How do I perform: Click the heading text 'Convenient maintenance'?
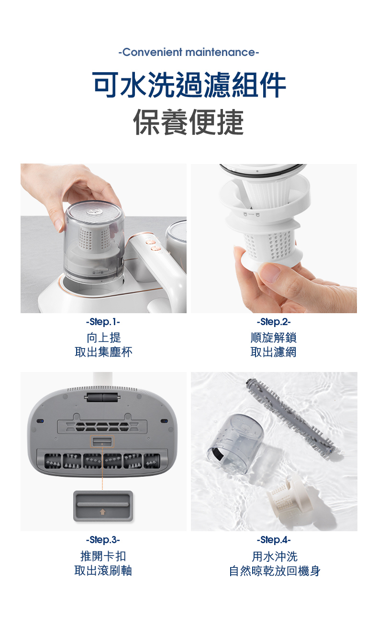(x=189, y=52)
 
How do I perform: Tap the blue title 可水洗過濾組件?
(x=189, y=84)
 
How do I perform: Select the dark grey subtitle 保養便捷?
(x=189, y=122)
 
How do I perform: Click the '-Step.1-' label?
(x=103, y=322)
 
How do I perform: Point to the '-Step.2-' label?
(x=274, y=322)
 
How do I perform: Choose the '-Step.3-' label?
(x=103, y=540)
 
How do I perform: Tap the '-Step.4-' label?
(x=274, y=540)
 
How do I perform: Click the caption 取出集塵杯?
(x=103, y=352)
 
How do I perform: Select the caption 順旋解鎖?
(x=274, y=338)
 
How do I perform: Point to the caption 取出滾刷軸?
(x=103, y=571)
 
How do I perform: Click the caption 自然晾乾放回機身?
(x=275, y=571)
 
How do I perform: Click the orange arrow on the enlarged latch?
(x=103, y=512)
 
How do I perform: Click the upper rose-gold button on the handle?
(x=149, y=241)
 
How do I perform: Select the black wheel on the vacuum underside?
(x=103, y=397)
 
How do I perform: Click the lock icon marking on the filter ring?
(x=251, y=214)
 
